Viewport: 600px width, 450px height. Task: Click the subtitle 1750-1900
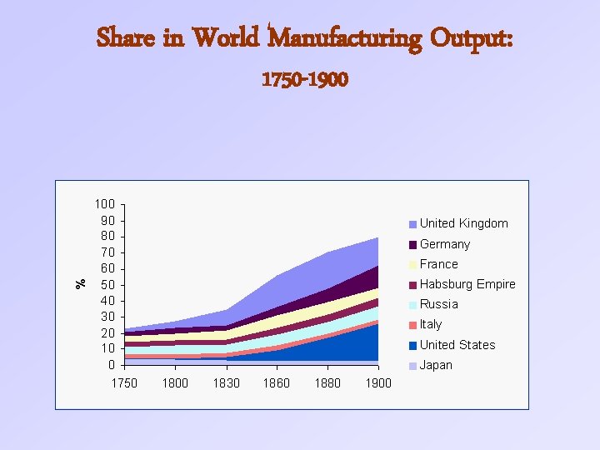click(x=305, y=80)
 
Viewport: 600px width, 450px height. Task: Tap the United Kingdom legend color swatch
click(x=412, y=224)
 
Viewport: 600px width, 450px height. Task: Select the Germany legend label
click(x=445, y=244)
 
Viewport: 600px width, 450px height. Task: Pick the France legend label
click(x=438, y=264)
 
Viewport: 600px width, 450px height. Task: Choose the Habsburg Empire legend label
click(x=467, y=284)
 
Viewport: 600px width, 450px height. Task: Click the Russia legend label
click(x=439, y=304)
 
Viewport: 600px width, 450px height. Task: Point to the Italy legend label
click(x=431, y=324)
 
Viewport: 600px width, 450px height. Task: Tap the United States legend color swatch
click(x=412, y=345)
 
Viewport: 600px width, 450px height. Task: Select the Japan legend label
click(x=436, y=365)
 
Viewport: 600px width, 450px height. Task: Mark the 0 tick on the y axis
click(x=112, y=365)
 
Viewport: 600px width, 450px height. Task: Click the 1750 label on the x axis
click(x=124, y=383)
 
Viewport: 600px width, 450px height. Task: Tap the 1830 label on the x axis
click(x=226, y=383)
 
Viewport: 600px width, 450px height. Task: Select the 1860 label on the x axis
click(x=277, y=383)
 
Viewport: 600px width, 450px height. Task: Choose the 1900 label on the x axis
click(x=378, y=383)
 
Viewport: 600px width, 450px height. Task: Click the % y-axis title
click(x=81, y=283)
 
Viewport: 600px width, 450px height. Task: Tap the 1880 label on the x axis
click(x=327, y=383)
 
